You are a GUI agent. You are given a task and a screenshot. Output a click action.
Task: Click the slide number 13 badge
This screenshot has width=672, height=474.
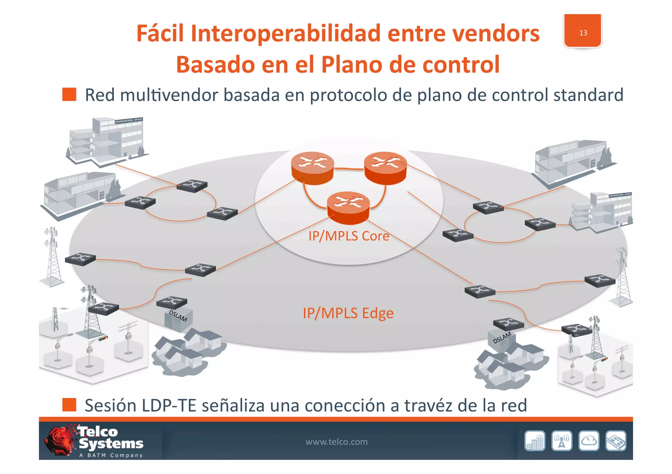tap(583, 31)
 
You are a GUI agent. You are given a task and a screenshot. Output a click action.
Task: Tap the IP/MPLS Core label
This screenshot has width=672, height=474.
tap(348, 236)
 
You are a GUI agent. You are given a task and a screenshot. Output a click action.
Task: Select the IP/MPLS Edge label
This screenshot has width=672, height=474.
tap(348, 313)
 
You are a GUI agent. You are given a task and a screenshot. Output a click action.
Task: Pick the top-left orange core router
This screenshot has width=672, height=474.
tap(312, 167)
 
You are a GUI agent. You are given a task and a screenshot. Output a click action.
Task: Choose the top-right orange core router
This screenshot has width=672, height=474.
tap(385, 167)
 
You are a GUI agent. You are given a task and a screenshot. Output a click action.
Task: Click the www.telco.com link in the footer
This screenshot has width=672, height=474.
tap(336, 442)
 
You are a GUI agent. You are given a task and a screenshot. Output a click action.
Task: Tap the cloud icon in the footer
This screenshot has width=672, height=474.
tap(589, 441)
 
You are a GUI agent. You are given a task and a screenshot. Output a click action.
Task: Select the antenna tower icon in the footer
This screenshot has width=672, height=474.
tap(562, 441)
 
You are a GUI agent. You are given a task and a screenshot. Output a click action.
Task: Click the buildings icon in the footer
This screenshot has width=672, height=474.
tap(535, 441)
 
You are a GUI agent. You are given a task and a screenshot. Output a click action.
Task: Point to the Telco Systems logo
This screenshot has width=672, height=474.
tap(95, 441)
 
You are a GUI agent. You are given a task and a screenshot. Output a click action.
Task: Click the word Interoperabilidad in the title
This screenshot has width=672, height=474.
tap(285, 33)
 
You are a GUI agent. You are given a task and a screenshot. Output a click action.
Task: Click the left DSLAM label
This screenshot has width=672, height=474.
tap(178, 316)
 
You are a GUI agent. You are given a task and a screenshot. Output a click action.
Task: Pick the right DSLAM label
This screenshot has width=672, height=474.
tap(502, 337)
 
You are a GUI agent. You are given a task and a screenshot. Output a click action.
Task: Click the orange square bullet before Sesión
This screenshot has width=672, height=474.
tap(69, 405)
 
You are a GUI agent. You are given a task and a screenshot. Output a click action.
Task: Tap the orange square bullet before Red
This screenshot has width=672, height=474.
tap(69, 94)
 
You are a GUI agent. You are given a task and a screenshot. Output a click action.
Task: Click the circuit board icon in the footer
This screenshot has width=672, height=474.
tap(616, 441)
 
